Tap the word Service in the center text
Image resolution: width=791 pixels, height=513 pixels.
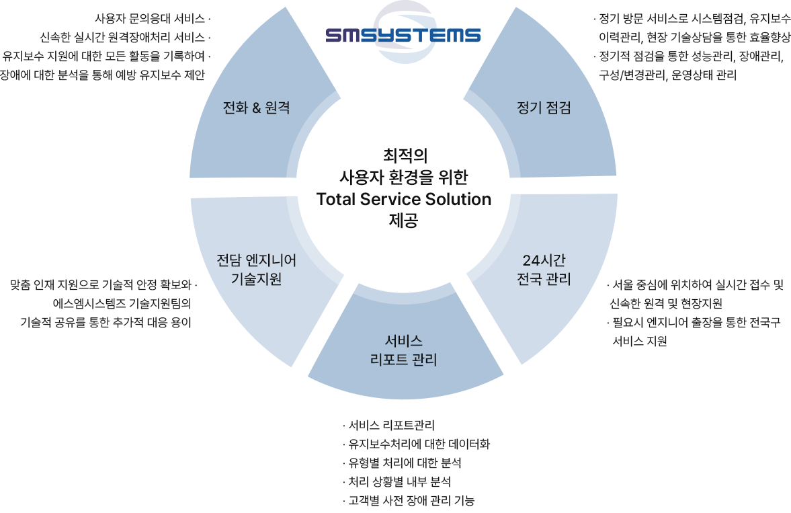390,200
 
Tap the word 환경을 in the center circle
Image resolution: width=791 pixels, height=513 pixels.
414,177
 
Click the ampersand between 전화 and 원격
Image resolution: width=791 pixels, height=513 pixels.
256,108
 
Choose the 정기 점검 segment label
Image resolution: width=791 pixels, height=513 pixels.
544,108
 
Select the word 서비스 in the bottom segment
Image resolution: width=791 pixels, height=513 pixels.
404,342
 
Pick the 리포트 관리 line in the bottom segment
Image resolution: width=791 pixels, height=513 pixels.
404,360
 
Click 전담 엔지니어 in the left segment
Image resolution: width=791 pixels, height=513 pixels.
256,260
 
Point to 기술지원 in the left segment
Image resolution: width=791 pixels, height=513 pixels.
256,278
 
